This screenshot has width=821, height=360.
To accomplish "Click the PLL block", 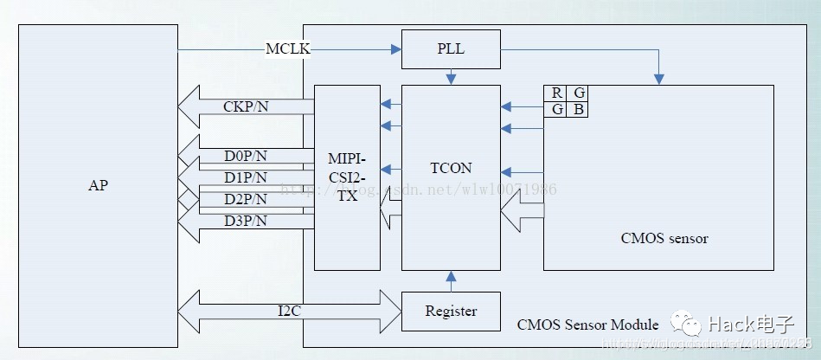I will pos(451,48).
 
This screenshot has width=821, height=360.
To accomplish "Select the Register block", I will pos(451,311).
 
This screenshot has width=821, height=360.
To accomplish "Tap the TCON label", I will pos(451,168).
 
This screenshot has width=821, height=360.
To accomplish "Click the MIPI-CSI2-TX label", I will pos(347,177).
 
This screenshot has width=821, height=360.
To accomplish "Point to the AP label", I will pos(99,185).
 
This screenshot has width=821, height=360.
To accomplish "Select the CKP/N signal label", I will pos(246,107).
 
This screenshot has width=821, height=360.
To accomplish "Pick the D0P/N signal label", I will pos(246,156).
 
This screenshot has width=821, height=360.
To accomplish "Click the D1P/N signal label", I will pos(246,177).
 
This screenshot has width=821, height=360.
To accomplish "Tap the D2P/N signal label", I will pos(246,199).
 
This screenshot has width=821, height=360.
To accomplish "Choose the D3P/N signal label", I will pos(246,221).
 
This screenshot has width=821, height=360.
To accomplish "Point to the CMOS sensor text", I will pos(664,237).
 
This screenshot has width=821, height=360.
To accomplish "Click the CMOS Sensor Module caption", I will pos(587,325).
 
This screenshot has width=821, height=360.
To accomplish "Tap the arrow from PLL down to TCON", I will pos(451,77).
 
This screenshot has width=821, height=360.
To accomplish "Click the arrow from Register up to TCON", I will pos(451,280).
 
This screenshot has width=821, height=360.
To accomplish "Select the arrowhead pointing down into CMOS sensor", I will pos(659,79).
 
